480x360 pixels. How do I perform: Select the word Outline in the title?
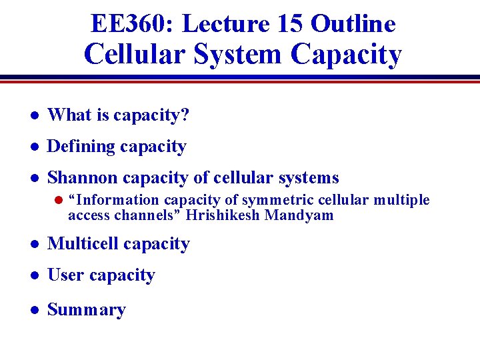(x=353, y=24)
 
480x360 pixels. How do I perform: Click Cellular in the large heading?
(x=133, y=55)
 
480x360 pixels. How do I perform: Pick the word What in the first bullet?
(x=69, y=115)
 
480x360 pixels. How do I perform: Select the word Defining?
(x=79, y=147)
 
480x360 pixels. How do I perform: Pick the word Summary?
(x=86, y=310)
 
